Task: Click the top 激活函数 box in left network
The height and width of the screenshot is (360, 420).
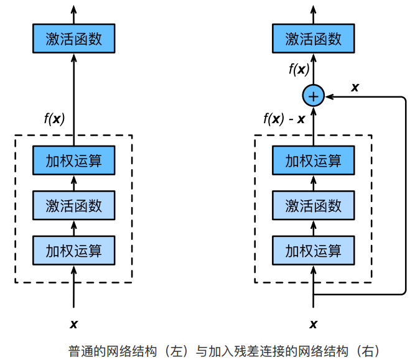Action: pyautogui.click(x=74, y=39)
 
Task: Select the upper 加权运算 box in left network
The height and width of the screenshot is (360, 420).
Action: pyautogui.click(x=74, y=162)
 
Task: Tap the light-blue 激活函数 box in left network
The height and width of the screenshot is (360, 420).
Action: pyautogui.click(x=74, y=205)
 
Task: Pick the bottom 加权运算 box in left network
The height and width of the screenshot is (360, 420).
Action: pyautogui.click(x=74, y=251)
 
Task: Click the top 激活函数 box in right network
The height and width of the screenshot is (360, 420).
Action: pyautogui.click(x=314, y=39)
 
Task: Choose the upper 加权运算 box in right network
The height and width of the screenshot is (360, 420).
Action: pyautogui.click(x=314, y=162)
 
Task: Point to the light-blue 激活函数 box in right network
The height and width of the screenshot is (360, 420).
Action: pyautogui.click(x=314, y=205)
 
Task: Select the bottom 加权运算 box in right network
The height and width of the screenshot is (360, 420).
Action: pyautogui.click(x=314, y=251)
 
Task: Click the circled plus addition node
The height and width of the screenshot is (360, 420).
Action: pyautogui.click(x=314, y=96)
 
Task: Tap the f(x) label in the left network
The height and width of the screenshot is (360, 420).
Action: pyautogui.click(x=54, y=118)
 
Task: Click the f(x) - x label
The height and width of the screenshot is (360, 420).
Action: pyautogui.click(x=284, y=118)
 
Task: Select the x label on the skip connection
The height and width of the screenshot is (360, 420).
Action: pyautogui.click(x=355, y=87)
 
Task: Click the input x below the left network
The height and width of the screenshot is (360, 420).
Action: pyautogui.click(x=74, y=323)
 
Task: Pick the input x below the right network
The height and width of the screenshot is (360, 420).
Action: pyautogui.click(x=314, y=323)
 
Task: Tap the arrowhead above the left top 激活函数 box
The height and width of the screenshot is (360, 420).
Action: pyautogui.click(x=74, y=9)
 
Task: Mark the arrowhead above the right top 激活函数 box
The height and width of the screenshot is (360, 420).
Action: pyautogui.click(x=314, y=9)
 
